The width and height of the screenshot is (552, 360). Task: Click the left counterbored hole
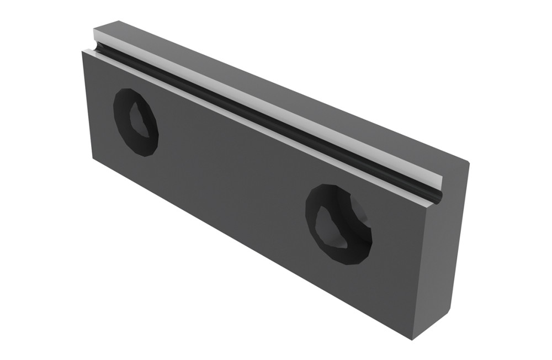pos(136,121)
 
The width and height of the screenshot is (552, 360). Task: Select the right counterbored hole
pos(338,224)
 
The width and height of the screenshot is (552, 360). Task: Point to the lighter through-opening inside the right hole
pos(333,227)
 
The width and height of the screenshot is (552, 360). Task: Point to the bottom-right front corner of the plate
pos(416,338)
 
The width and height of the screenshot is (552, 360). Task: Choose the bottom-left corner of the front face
pos(92,156)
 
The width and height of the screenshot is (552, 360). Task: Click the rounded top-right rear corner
pos(467,162)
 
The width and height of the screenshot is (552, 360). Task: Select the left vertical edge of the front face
pos(87,105)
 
